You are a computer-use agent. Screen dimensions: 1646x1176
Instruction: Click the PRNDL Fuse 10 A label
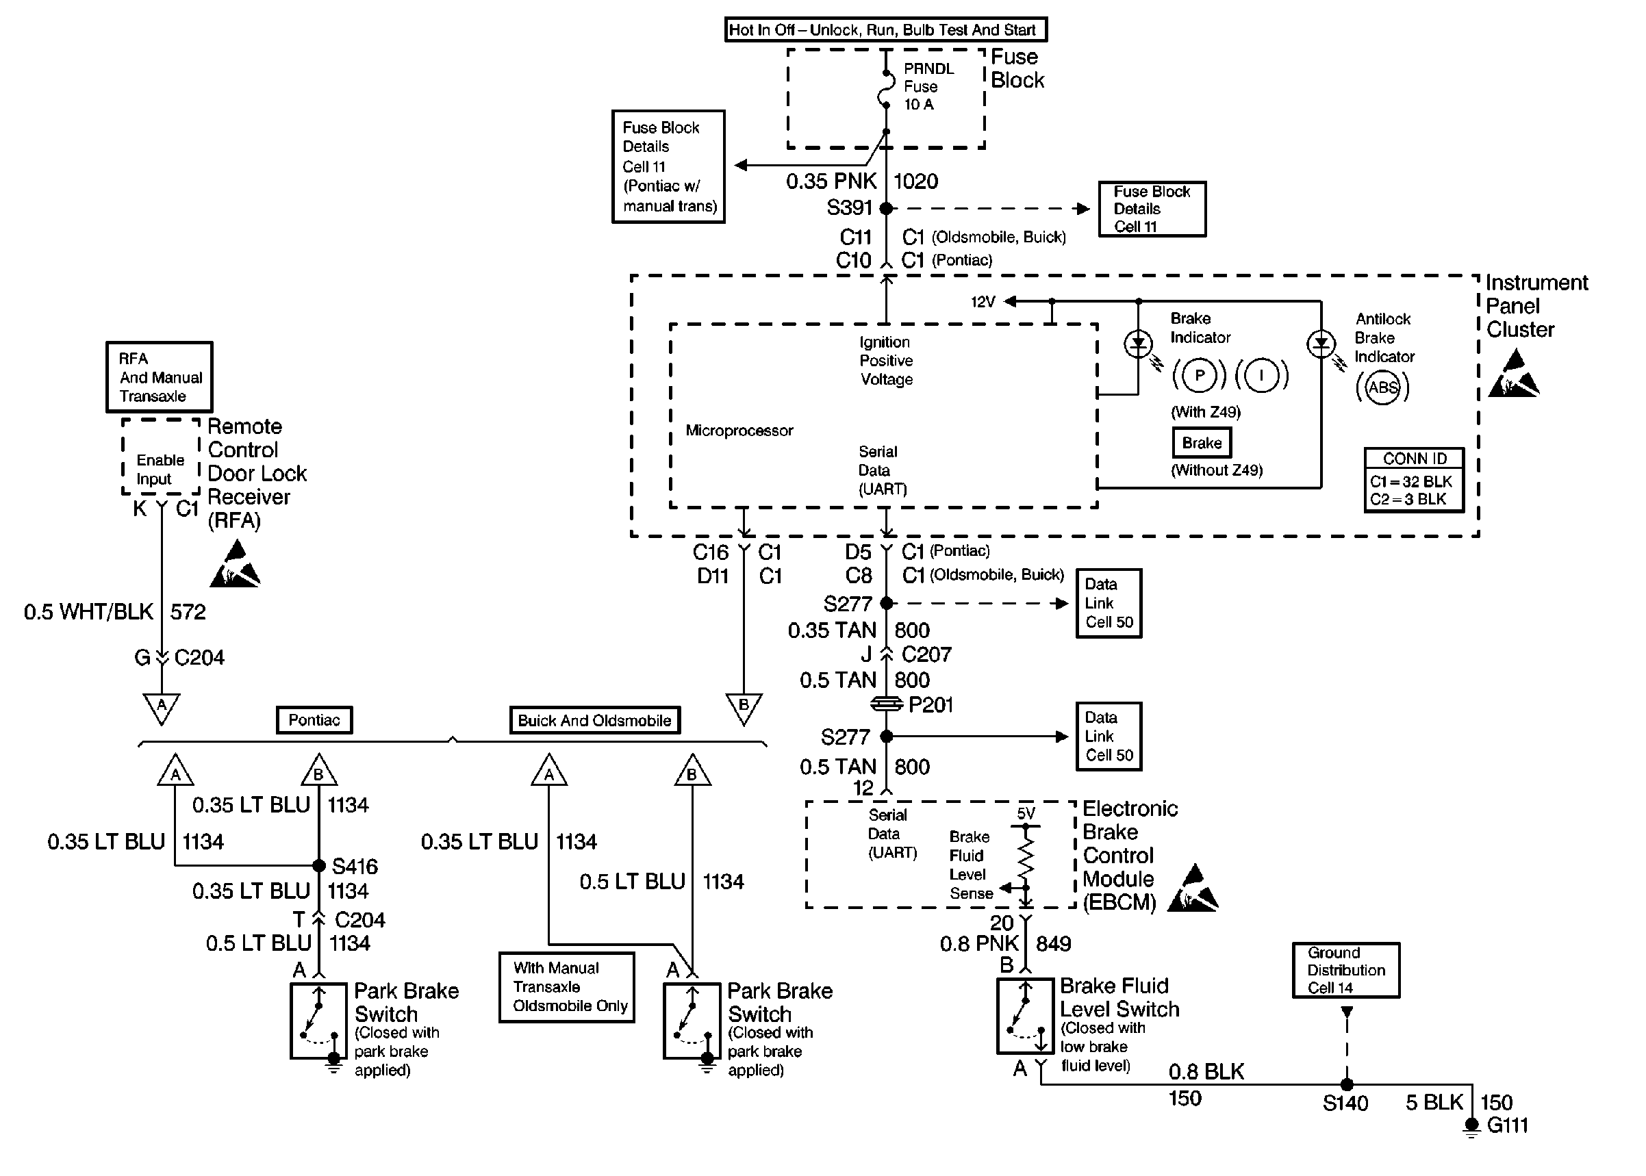point(928,86)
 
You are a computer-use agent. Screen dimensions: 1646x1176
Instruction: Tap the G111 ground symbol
point(1471,1127)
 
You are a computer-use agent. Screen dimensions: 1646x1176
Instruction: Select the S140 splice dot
point(1346,1085)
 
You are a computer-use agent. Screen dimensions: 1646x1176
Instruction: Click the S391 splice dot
point(885,209)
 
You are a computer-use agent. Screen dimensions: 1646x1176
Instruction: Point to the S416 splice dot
point(318,865)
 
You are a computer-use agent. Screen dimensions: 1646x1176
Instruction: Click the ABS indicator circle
point(1382,387)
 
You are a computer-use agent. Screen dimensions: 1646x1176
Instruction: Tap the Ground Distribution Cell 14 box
point(1346,971)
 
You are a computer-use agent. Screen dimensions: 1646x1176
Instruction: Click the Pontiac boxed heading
point(314,720)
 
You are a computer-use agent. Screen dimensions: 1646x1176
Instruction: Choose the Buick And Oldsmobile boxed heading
point(594,721)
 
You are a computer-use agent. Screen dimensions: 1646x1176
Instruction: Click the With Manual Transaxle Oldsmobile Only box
point(567,987)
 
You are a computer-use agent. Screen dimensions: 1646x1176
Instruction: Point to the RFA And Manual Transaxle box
point(160,377)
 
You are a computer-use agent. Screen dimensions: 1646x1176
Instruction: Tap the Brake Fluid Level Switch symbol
point(1025,1016)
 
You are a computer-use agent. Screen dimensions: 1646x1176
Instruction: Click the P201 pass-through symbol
point(885,704)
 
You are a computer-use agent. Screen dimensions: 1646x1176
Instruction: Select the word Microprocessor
point(739,431)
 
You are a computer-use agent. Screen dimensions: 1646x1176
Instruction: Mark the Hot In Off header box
point(885,29)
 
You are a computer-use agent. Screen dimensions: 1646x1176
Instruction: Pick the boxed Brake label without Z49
point(1202,442)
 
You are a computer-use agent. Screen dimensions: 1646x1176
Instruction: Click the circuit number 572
point(188,612)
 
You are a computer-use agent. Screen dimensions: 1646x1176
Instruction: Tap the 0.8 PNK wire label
point(979,943)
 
